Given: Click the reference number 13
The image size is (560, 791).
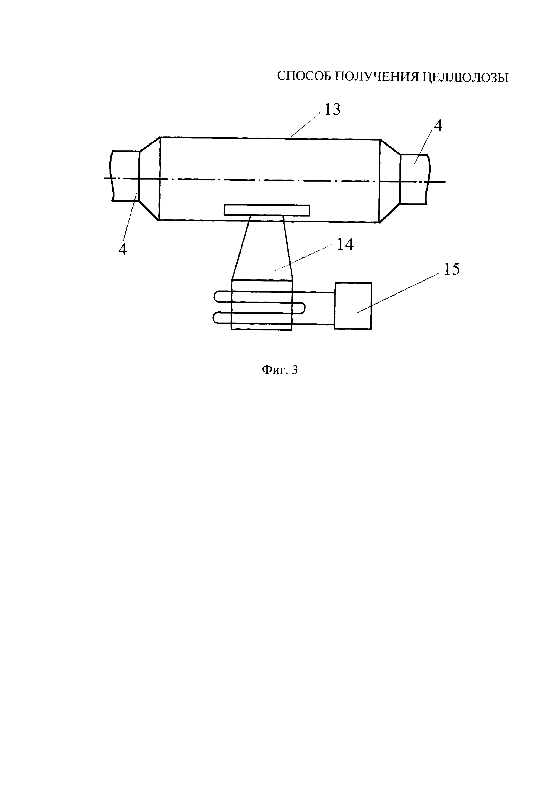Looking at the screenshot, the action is (x=332, y=110).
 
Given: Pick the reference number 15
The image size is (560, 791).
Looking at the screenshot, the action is (x=452, y=269).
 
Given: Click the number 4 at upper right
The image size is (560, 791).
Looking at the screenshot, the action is (x=438, y=126).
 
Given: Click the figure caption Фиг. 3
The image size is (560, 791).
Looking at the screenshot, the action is (x=280, y=370).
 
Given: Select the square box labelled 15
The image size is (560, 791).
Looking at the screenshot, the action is (x=353, y=306).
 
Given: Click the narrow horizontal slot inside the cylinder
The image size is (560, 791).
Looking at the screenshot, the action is (x=267, y=210).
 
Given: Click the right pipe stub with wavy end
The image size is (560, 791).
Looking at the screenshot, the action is (x=414, y=179).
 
